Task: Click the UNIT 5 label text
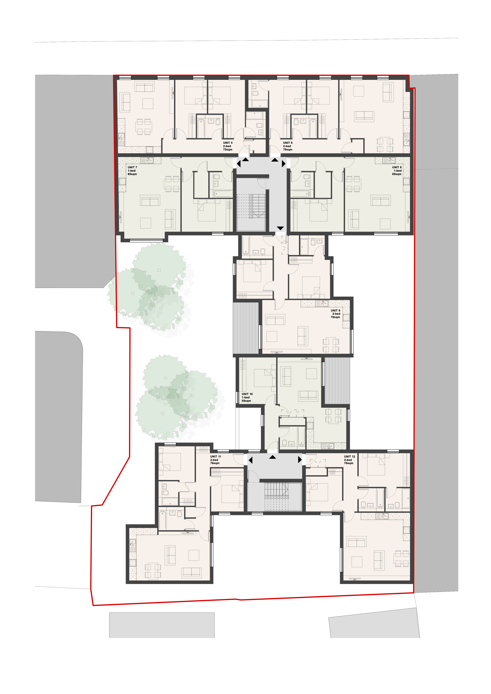click(228, 143)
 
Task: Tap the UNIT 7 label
click(132, 167)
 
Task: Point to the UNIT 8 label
click(397, 167)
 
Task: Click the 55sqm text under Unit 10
click(246, 401)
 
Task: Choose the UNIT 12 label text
click(349, 456)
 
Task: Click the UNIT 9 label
click(336, 310)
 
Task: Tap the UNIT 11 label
click(216, 456)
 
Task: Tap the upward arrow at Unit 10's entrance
click(273, 457)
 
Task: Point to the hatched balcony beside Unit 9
click(246, 328)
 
